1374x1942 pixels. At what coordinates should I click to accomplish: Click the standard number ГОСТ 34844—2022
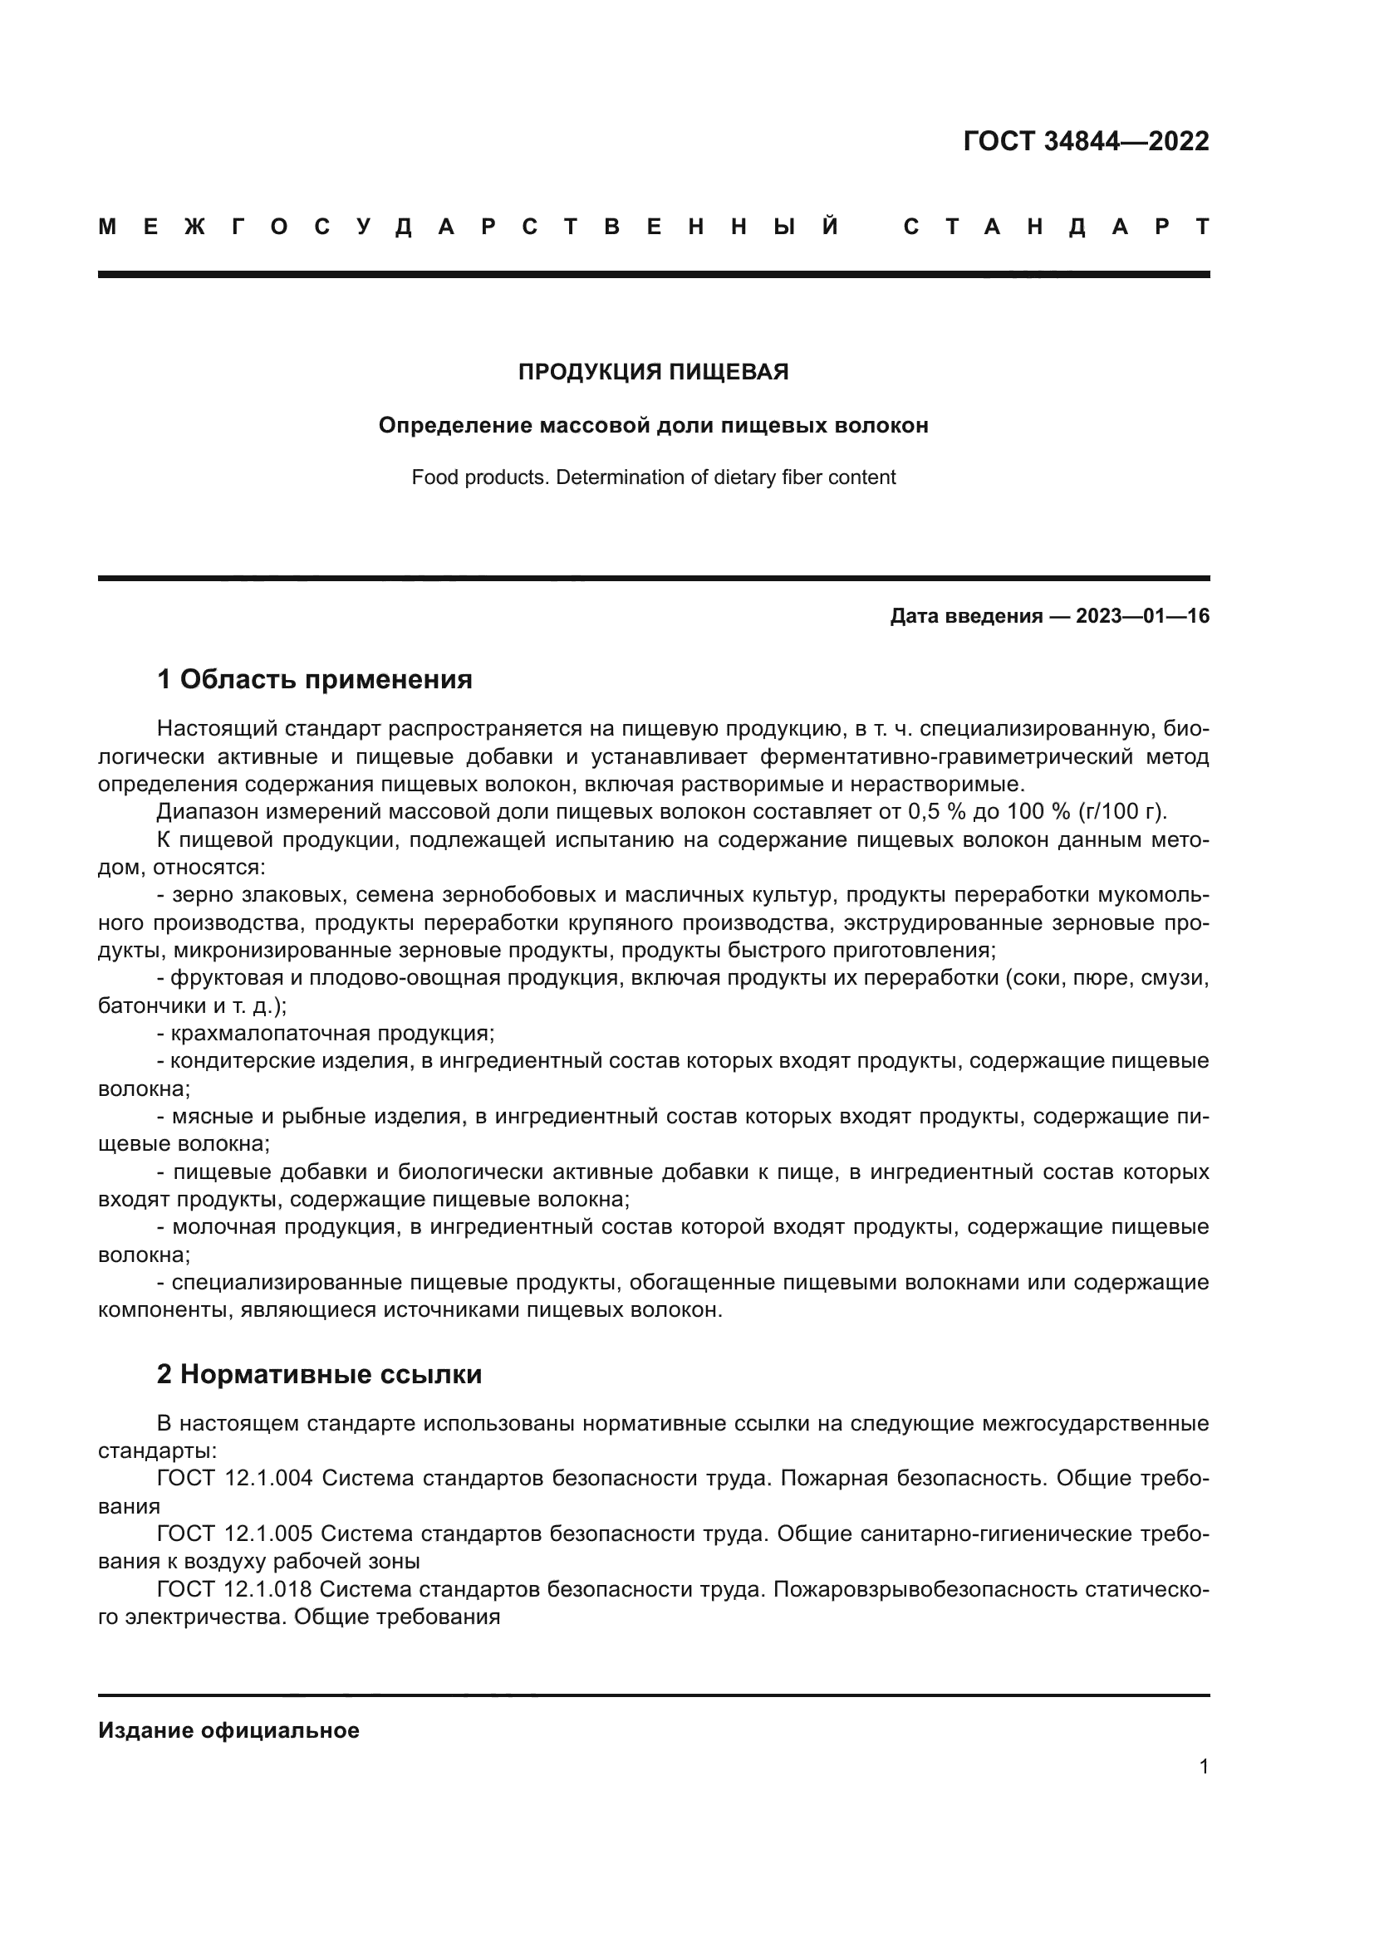pyautogui.click(x=1086, y=141)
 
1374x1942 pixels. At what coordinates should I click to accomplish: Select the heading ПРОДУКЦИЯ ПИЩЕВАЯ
pyautogui.click(x=653, y=372)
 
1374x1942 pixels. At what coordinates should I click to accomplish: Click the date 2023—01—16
pyautogui.click(x=1142, y=617)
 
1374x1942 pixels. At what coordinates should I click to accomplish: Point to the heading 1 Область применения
pyautogui.click(x=314, y=679)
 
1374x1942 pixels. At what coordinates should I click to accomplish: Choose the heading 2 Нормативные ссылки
pyautogui.click(x=319, y=1374)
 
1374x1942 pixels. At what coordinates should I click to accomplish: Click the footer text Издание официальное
pyautogui.click(x=228, y=1730)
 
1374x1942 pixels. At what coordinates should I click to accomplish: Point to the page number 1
pyautogui.click(x=1203, y=1767)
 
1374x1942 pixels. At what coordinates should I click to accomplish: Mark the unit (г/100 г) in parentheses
pyautogui.click(x=1121, y=812)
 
